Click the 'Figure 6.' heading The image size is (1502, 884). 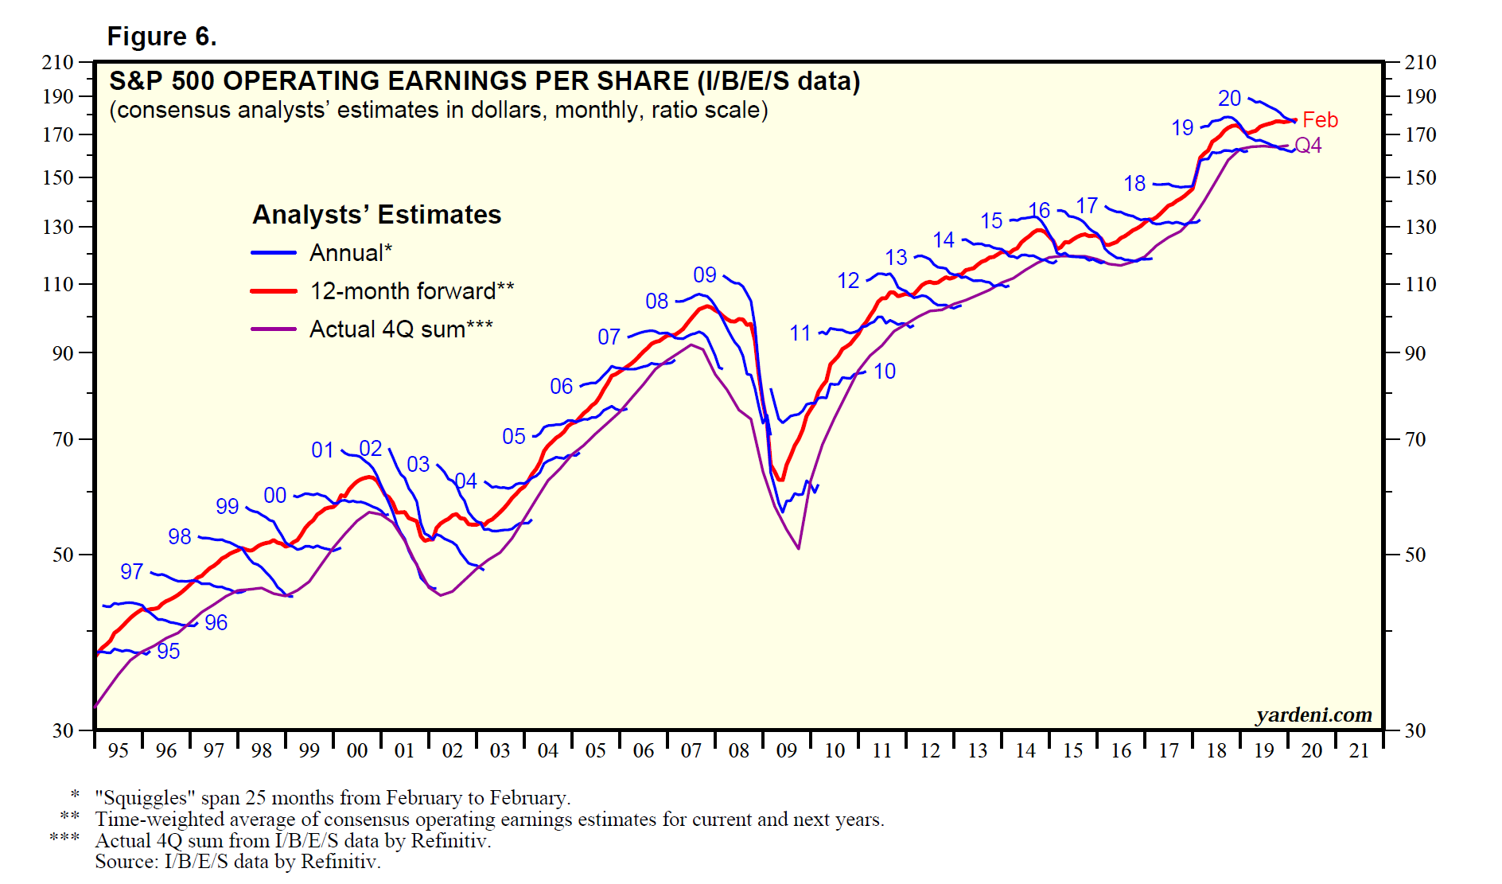click(x=161, y=37)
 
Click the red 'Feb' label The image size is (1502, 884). click(x=1320, y=120)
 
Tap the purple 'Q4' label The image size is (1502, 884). click(x=1308, y=146)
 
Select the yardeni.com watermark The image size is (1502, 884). click(x=1313, y=715)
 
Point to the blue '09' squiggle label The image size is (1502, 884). click(x=705, y=275)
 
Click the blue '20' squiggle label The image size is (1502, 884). click(x=1229, y=99)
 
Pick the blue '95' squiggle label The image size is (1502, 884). click(x=168, y=652)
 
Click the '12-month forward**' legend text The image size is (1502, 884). click(x=411, y=291)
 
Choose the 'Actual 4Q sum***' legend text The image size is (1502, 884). click(x=401, y=329)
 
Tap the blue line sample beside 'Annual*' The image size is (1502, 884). click(x=273, y=253)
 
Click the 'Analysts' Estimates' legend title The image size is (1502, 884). click(x=376, y=215)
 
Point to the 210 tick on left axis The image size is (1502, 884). click(x=57, y=62)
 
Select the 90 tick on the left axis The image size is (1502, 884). click(x=63, y=353)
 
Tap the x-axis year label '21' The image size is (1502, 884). click(x=1359, y=751)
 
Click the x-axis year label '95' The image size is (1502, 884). click(x=118, y=751)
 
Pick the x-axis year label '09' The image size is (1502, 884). click(x=786, y=751)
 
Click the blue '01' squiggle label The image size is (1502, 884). click(x=322, y=450)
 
